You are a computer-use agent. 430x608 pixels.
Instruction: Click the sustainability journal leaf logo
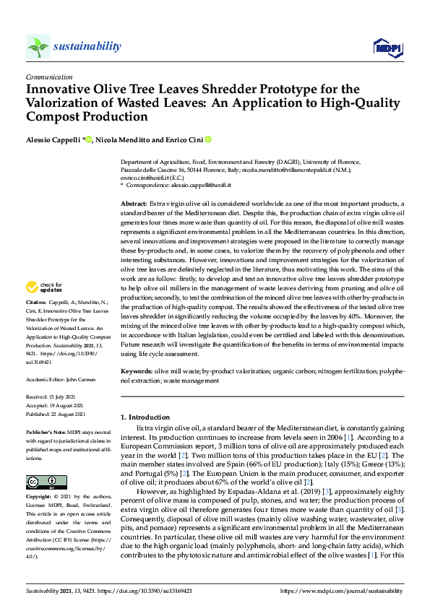pyautogui.click(x=38, y=47)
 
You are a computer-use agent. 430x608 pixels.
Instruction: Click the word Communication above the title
pyautogui.click(x=48, y=76)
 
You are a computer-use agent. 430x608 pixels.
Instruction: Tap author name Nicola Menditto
pyautogui.click(x=121, y=139)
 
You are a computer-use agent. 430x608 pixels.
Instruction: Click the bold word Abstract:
pyautogui.click(x=134, y=205)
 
